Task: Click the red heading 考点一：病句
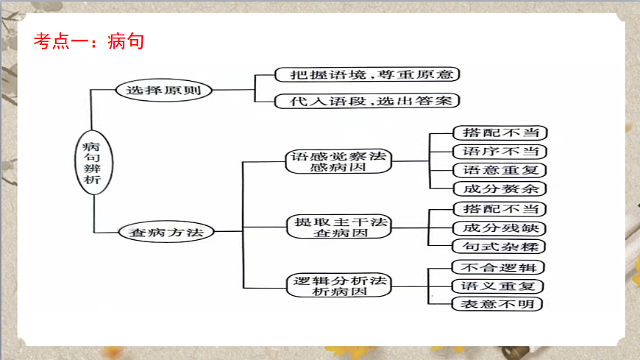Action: (x=88, y=40)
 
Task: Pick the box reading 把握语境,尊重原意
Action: (x=366, y=74)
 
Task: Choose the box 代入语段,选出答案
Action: (x=366, y=101)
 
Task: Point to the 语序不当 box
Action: (x=499, y=152)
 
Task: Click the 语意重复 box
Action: (x=499, y=170)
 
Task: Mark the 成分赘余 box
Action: (x=499, y=188)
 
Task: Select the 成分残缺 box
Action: (x=499, y=228)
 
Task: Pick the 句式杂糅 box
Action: (x=499, y=247)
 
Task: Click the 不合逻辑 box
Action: (x=497, y=267)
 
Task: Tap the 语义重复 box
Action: (x=497, y=286)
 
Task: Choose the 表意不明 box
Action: (x=497, y=304)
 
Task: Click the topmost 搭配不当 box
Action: (x=499, y=133)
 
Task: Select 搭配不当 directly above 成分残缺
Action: (x=499, y=209)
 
